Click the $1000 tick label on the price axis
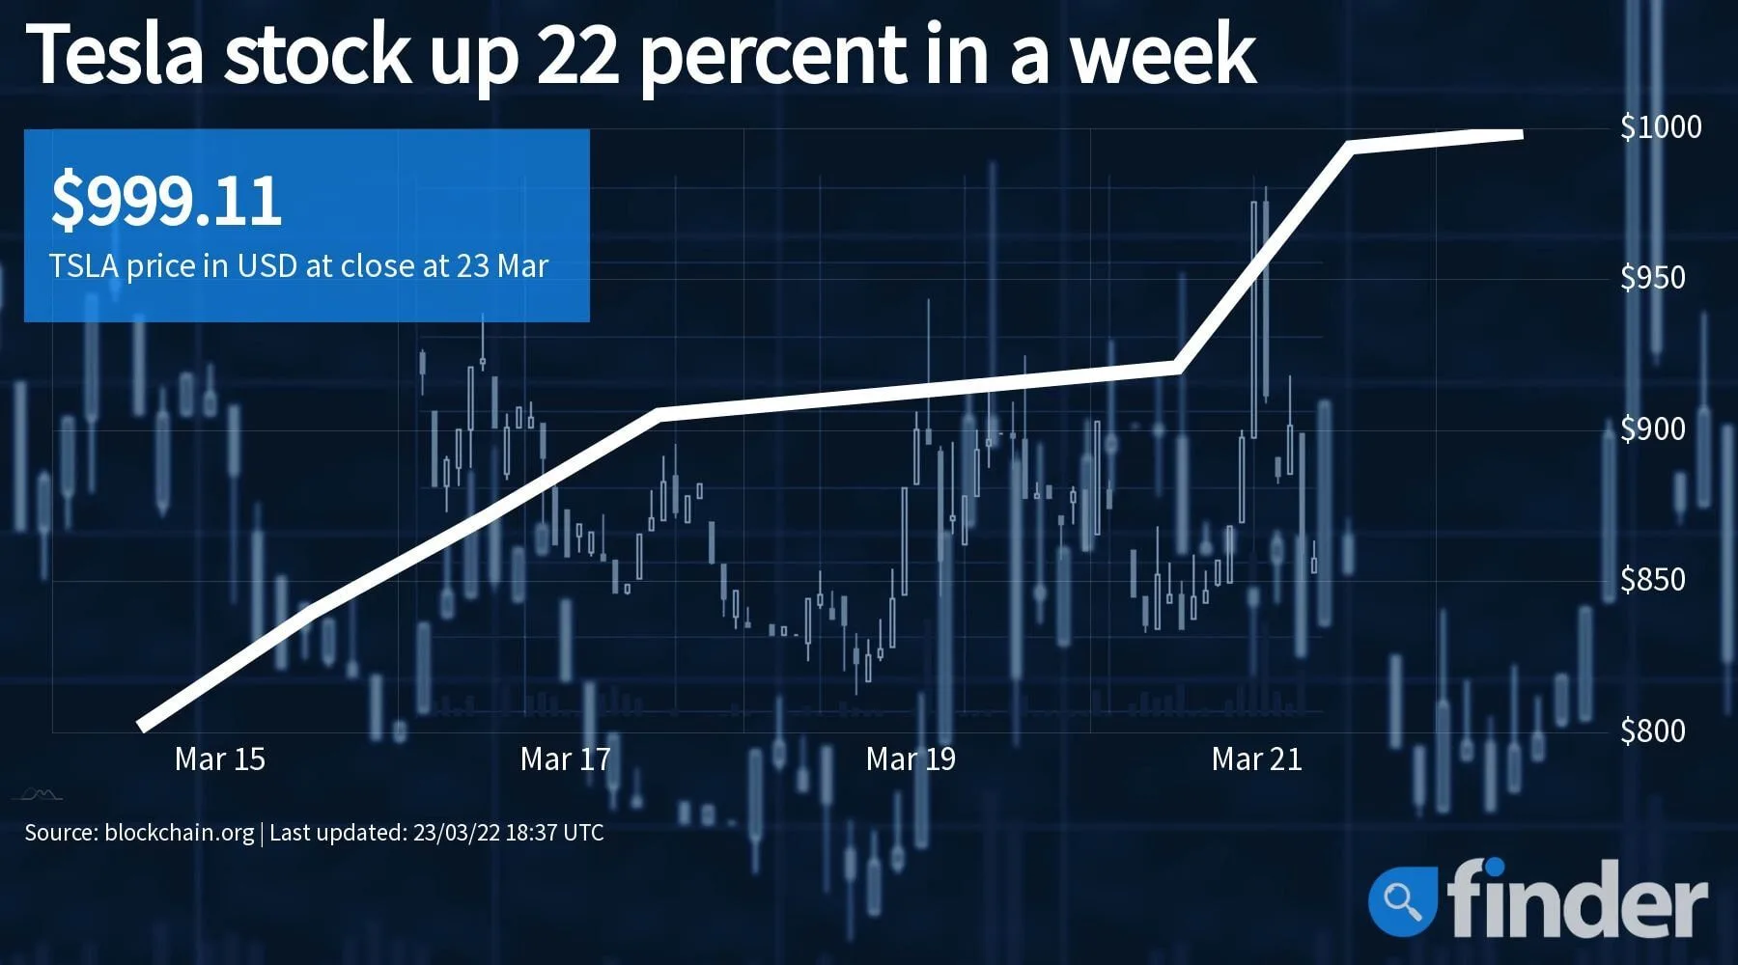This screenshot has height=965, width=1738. click(1661, 126)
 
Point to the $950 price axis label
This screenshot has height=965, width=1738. click(1652, 278)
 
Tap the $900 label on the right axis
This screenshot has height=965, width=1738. click(1652, 428)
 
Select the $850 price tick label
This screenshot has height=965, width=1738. click(1652, 579)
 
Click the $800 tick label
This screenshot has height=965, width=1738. click(1652, 731)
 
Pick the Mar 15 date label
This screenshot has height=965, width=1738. click(219, 759)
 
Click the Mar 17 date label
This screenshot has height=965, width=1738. click(565, 759)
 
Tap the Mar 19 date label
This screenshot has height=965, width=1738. click(911, 759)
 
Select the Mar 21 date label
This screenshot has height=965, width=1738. click(1256, 759)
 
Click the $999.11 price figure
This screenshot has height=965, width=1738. click(166, 202)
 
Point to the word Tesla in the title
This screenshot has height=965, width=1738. click(119, 55)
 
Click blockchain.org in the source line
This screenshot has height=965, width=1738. click(179, 832)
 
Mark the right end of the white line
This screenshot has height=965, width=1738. click(1521, 133)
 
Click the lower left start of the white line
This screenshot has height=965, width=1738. click(142, 726)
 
